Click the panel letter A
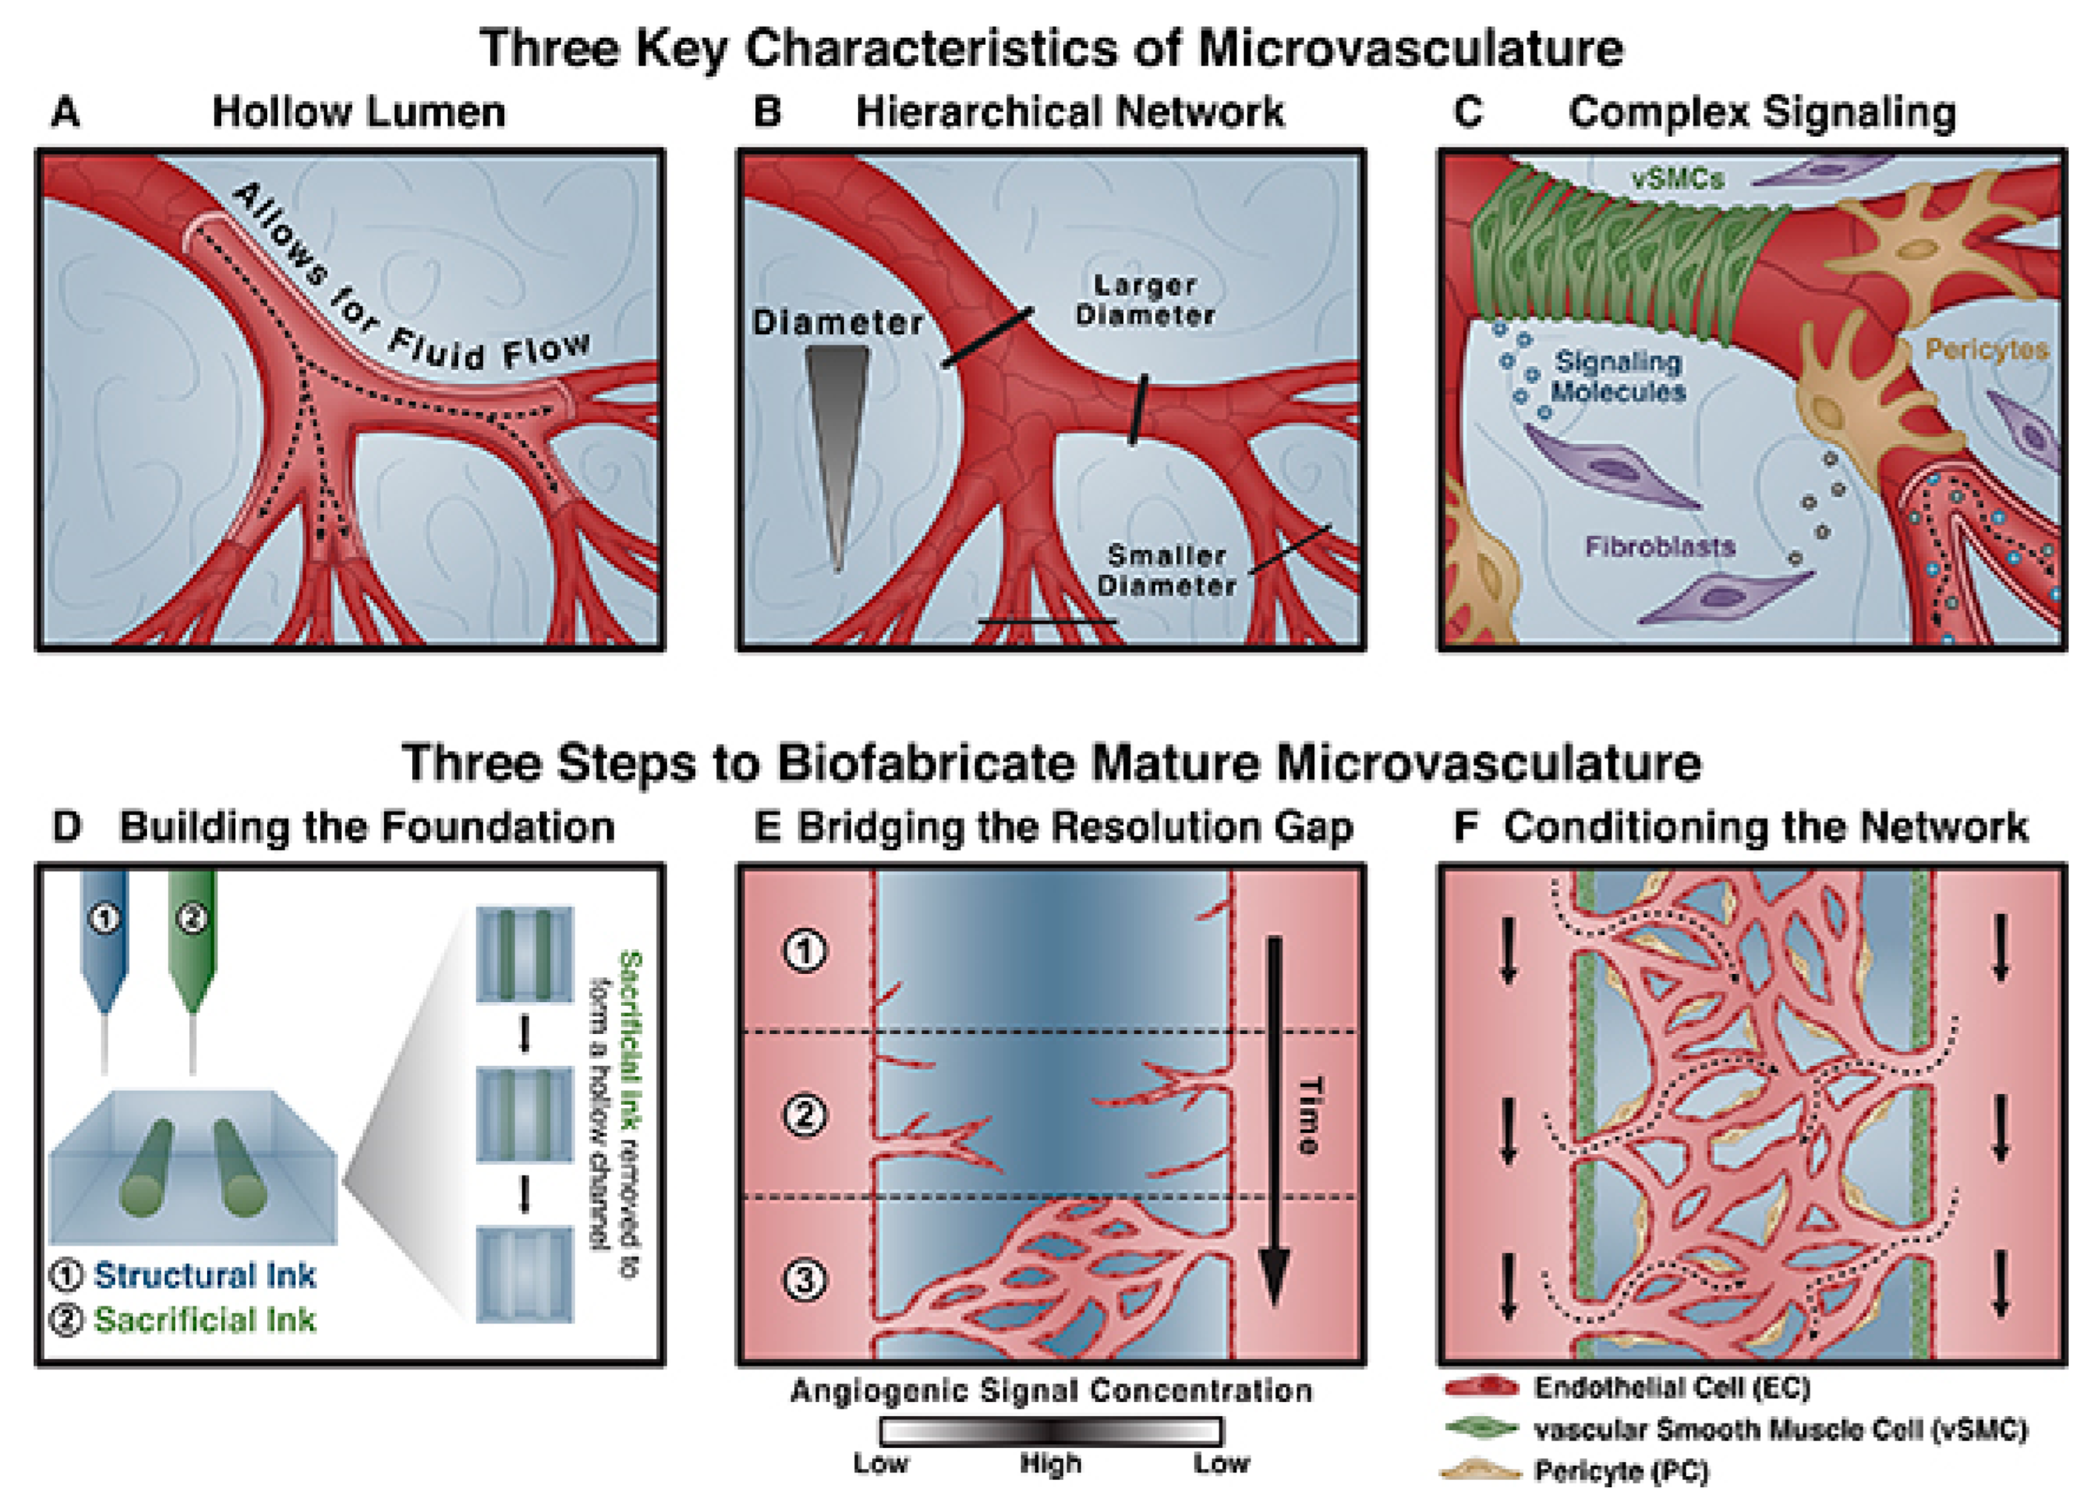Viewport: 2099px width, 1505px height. click(64, 113)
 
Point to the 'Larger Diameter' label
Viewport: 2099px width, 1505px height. click(1145, 301)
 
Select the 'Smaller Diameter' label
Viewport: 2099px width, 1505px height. click(1166, 570)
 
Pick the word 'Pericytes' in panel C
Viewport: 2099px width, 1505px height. click(1986, 349)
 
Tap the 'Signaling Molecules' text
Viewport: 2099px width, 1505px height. click(1618, 377)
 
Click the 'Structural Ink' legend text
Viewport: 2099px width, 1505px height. click(204, 1275)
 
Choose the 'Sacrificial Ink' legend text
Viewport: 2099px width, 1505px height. click(204, 1320)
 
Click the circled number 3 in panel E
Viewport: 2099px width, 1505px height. click(804, 1280)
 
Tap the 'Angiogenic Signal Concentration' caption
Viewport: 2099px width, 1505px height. click(1051, 1391)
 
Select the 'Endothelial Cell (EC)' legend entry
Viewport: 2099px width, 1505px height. click(1670, 1388)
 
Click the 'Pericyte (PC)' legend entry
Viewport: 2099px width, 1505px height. click(1619, 1471)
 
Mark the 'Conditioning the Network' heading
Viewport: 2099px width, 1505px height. click(1765, 826)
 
